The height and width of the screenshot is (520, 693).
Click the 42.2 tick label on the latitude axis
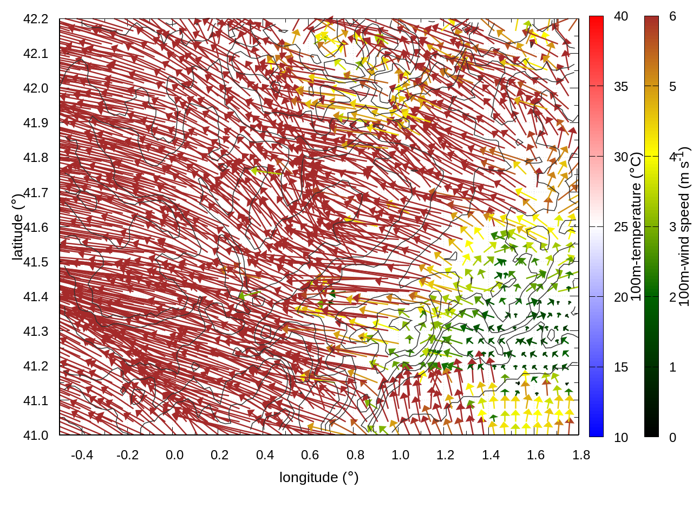[x=36, y=19]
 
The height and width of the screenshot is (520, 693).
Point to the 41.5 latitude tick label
[x=36, y=262]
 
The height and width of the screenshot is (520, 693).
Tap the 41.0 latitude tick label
[x=36, y=435]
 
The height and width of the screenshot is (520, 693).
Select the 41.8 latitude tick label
[x=36, y=158]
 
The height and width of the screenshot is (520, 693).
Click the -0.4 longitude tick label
[x=82, y=455]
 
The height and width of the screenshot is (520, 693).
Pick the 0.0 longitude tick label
[x=174, y=455]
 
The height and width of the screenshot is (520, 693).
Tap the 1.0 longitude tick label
[x=400, y=455]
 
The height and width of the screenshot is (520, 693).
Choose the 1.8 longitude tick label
[x=581, y=455]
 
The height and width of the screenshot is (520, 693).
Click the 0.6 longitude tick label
[x=310, y=455]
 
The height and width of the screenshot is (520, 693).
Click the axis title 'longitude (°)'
[x=319, y=477]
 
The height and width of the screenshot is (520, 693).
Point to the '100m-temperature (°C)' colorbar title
[x=636, y=226]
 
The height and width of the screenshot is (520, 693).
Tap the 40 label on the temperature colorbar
[x=621, y=17]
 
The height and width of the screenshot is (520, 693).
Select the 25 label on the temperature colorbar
[x=621, y=227]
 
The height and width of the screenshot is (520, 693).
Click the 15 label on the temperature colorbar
[x=621, y=367]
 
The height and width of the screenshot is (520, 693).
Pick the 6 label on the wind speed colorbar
[x=672, y=17]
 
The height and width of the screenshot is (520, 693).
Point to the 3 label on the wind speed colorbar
[x=672, y=227]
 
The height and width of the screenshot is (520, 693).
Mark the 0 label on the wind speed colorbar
[x=672, y=438]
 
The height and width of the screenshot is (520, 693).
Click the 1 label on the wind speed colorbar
[x=672, y=367]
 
